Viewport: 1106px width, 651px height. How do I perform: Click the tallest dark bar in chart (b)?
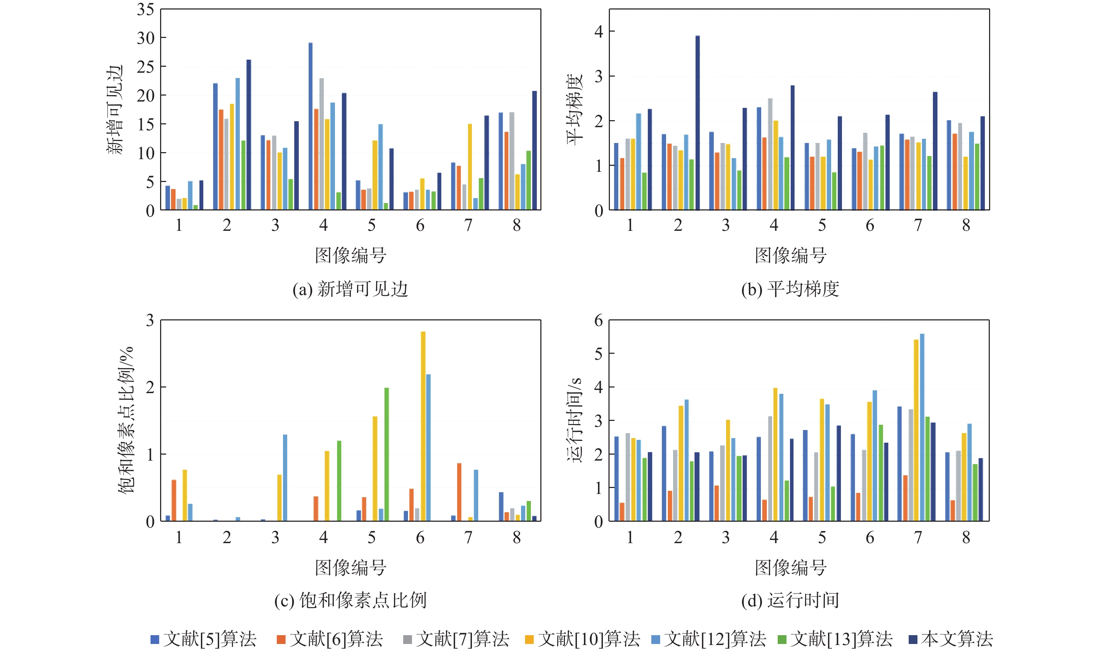697,123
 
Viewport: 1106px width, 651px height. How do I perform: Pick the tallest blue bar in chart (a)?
311,126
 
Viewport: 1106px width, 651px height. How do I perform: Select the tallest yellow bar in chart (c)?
423,426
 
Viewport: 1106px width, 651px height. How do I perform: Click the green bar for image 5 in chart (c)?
387,455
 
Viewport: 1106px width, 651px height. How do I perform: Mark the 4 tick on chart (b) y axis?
599,32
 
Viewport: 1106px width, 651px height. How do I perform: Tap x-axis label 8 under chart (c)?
516,537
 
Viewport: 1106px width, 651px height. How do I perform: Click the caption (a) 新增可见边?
350,289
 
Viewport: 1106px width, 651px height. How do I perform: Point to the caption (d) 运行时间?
790,600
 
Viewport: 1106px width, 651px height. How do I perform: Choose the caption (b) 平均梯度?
790,289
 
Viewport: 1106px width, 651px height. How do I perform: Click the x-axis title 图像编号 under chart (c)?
350,567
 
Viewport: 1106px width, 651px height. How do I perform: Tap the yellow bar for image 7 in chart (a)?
470,167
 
